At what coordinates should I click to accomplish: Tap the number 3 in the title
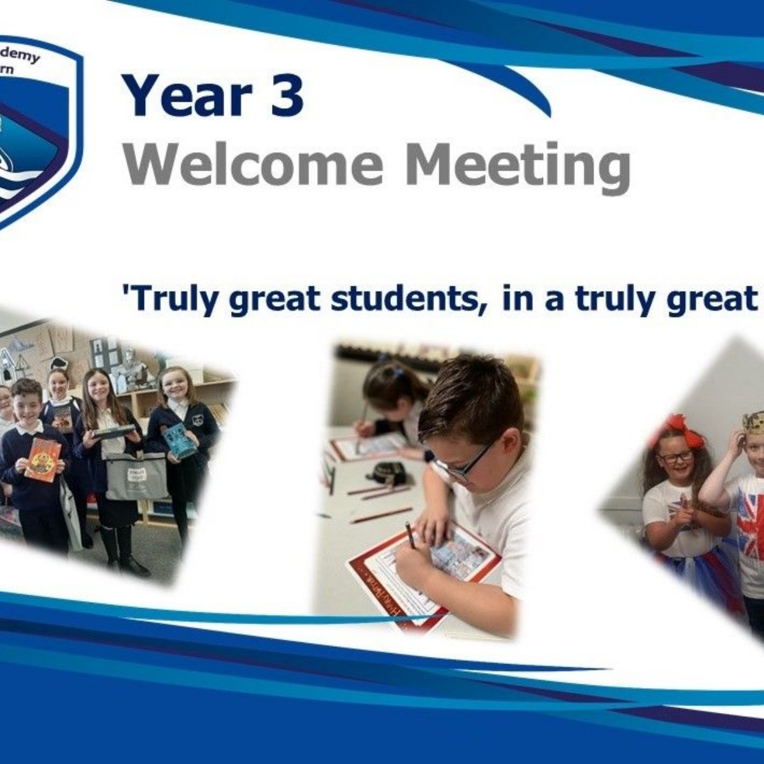(286, 95)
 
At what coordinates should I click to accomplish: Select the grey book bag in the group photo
(137, 476)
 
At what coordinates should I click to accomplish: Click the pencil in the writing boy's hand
(410, 535)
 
